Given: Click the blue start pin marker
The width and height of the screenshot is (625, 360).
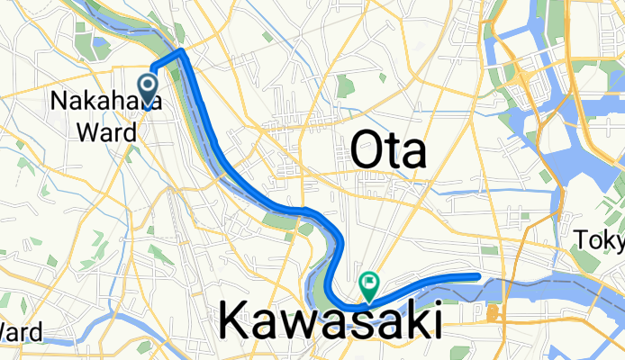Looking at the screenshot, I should coord(148,87).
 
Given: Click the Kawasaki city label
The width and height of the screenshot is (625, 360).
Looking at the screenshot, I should coord(330,320).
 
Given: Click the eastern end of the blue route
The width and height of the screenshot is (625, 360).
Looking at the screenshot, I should coord(478,275).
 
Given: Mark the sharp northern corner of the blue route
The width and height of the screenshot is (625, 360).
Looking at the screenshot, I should coord(183,51).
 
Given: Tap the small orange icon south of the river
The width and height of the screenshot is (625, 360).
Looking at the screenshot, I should coord(493,314).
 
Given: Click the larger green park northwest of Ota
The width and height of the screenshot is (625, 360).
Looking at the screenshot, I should coord(344,86).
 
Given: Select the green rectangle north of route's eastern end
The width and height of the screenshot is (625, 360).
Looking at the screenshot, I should coord(489,250).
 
